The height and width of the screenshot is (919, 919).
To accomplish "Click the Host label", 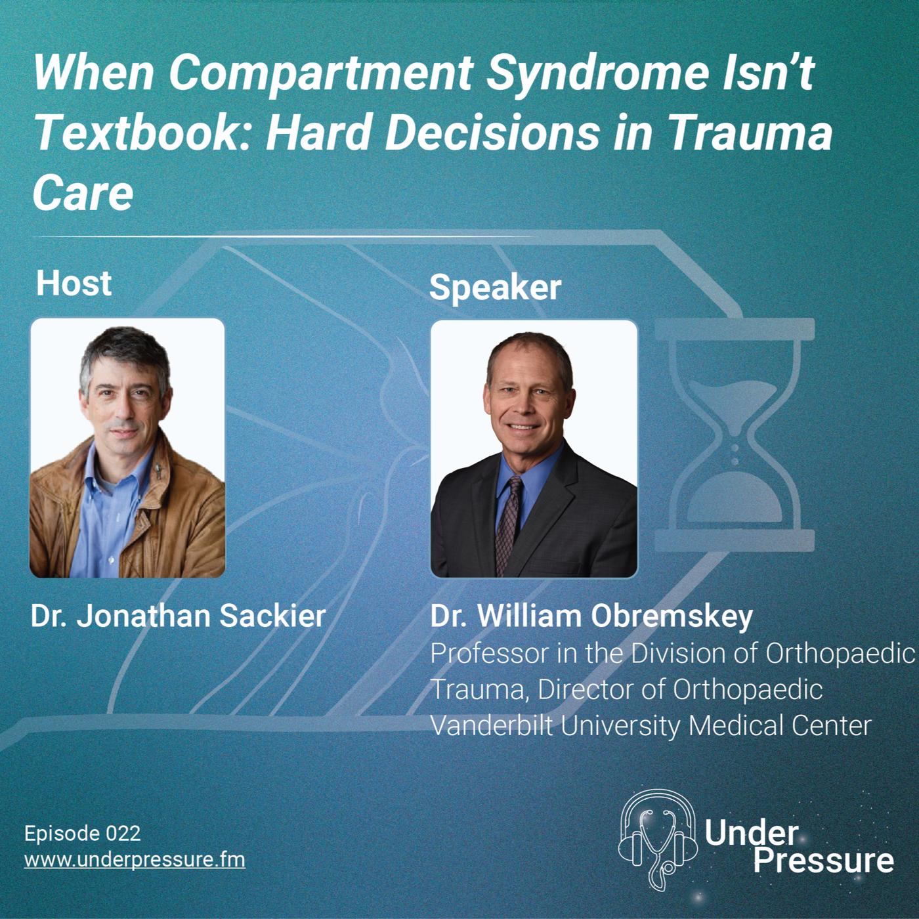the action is point(74,284).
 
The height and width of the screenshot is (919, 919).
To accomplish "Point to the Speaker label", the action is point(495,289).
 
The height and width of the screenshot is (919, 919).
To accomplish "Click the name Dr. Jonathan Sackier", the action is point(179,616).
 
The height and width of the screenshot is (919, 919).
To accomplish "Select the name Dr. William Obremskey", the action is point(591,616).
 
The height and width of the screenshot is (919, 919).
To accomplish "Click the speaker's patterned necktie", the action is point(508,524).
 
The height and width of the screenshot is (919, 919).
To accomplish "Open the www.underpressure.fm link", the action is point(135,860).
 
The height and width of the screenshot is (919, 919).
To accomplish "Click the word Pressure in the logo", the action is point(824,862).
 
